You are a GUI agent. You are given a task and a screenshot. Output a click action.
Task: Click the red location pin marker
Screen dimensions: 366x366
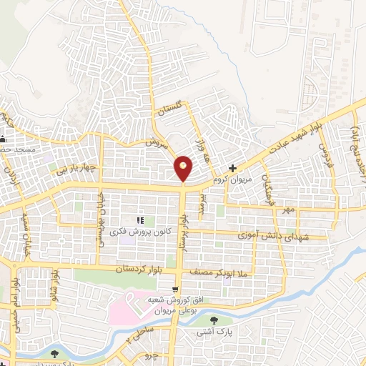tap(184, 168)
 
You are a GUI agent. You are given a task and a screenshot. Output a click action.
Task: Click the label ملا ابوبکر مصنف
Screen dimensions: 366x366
tap(219, 271)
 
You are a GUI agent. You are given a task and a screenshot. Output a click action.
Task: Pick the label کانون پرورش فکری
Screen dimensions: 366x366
tap(139, 232)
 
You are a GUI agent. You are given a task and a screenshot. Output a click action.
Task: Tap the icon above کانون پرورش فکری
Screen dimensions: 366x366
tap(140, 220)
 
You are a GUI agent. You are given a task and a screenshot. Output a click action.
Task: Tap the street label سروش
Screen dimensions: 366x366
tap(156, 142)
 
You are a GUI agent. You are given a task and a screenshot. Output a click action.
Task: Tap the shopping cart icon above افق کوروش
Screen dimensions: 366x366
tap(175, 289)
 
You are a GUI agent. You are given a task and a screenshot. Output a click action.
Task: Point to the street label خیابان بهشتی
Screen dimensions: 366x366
tap(102, 207)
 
